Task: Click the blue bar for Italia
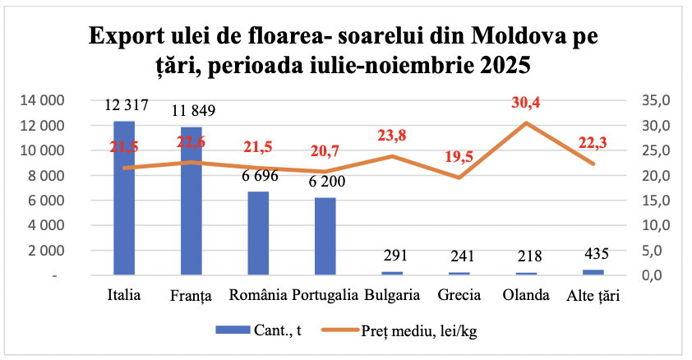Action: (x=124, y=197)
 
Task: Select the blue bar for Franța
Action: (x=191, y=201)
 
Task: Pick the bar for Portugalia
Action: (x=325, y=236)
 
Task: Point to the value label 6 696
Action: (x=258, y=176)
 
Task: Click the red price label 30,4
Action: (x=527, y=104)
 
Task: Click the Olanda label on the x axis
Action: (x=527, y=295)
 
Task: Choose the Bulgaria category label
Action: (x=392, y=295)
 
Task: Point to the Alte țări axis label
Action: (x=593, y=295)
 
